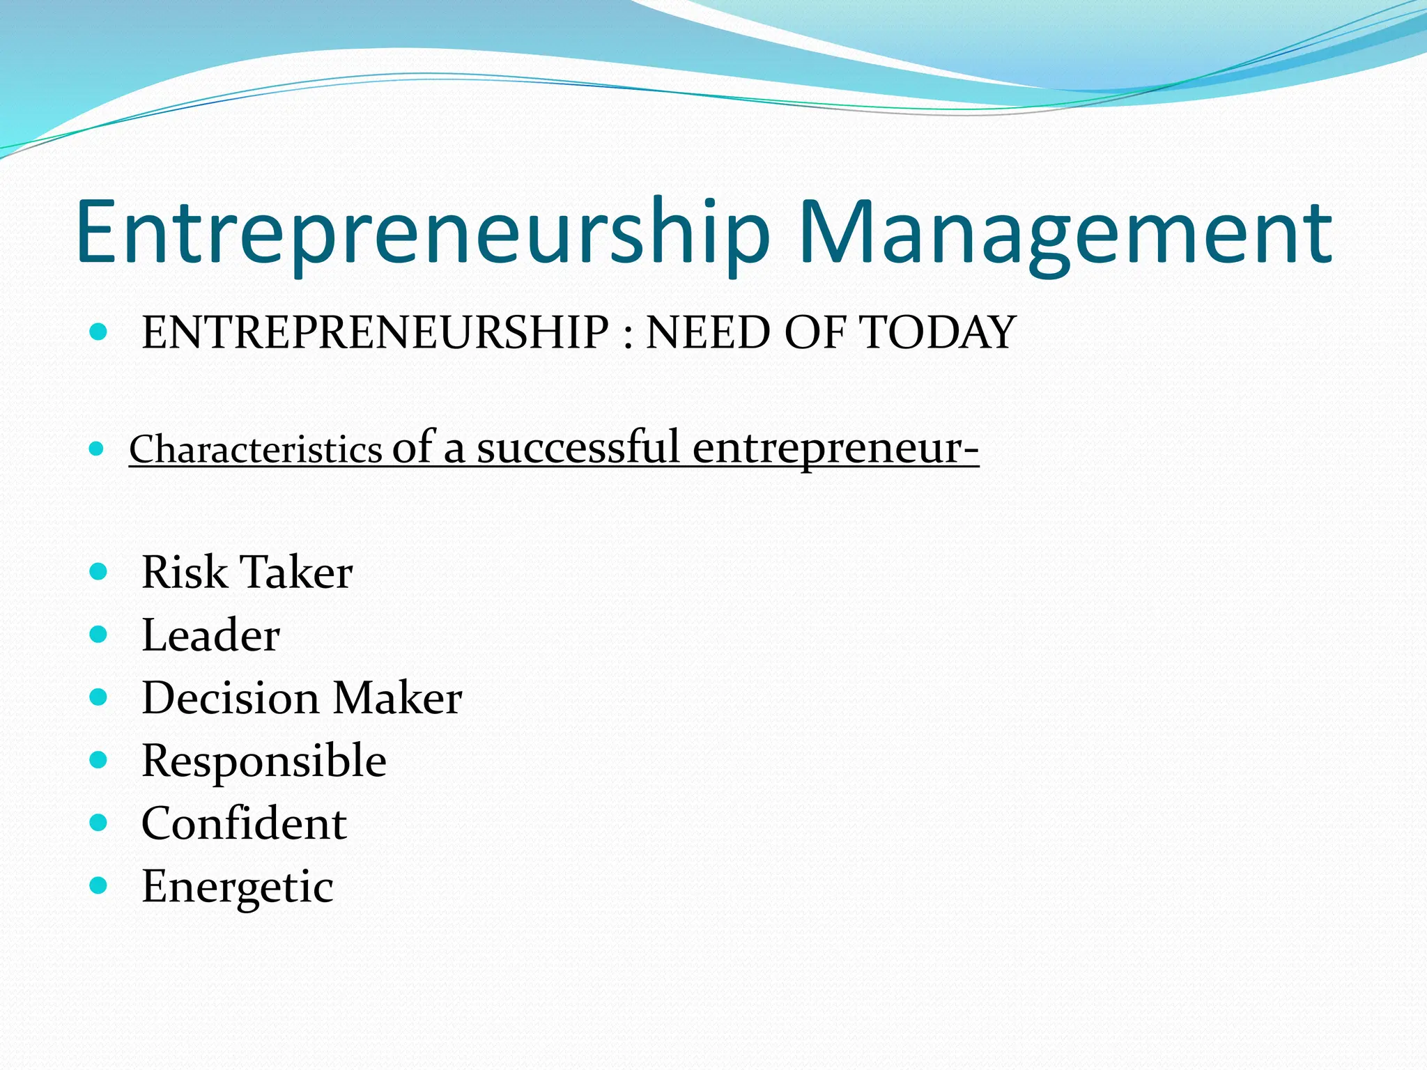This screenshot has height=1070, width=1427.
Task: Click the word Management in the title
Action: (x=1066, y=233)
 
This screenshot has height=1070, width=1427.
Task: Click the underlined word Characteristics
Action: (x=256, y=449)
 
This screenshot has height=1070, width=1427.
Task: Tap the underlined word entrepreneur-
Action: (x=835, y=447)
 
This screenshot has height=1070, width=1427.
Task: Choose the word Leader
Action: (x=210, y=635)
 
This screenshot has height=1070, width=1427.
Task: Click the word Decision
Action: (x=231, y=698)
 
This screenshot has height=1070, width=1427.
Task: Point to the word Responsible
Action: (x=263, y=761)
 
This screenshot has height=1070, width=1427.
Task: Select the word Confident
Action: (x=244, y=823)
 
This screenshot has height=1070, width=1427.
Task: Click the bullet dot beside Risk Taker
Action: (x=98, y=572)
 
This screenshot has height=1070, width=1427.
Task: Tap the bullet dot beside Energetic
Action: (x=98, y=885)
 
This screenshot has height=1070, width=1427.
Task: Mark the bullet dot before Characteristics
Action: (x=98, y=449)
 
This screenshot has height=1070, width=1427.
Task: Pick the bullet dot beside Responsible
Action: (x=98, y=759)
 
